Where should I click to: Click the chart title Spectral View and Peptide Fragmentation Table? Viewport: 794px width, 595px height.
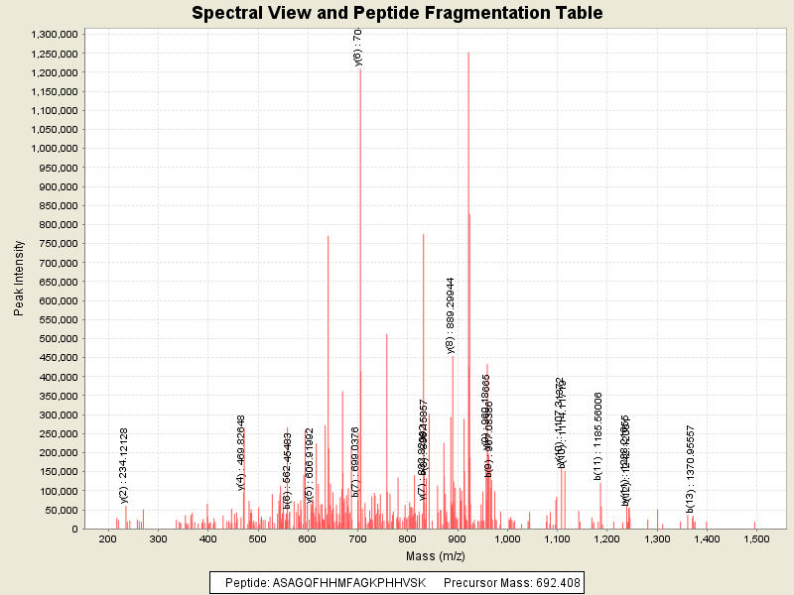click(397, 13)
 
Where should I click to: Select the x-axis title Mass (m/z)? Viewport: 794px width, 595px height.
click(433, 555)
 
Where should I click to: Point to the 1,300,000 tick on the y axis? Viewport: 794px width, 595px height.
click(55, 34)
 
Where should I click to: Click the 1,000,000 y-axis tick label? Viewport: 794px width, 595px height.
click(55, 148)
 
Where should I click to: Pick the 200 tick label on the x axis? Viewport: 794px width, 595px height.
click(107, 539)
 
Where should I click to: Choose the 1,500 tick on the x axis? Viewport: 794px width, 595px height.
click(756, 539)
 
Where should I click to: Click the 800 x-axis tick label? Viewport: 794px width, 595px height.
click(407, 539)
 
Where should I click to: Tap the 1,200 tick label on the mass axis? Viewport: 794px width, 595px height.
click(606, 539)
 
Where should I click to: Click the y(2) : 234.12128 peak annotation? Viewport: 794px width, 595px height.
click(124, 464)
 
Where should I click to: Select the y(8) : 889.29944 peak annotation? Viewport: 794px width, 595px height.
click(451, 315)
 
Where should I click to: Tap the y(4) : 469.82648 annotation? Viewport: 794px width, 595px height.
click(241, 452)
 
